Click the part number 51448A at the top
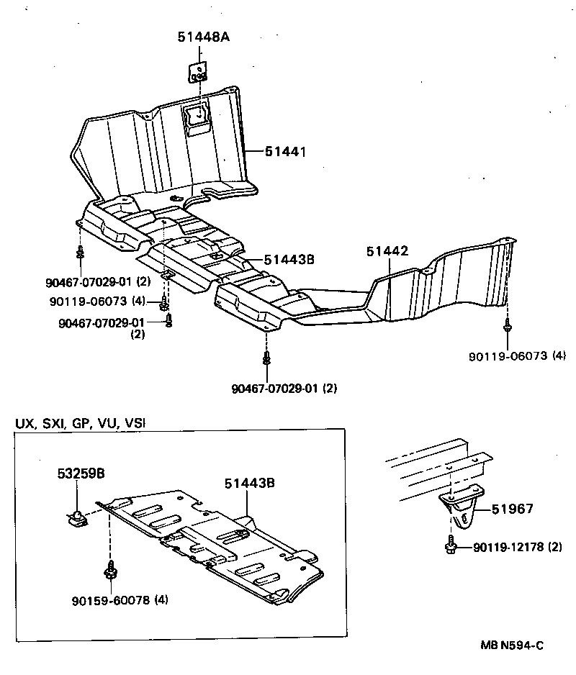[204, 37]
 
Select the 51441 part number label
[285, 152]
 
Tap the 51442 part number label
[387, 251]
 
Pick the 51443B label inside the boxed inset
[249, 484]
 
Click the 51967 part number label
[513, 509]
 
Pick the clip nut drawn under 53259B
[76, 517]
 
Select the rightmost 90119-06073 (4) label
[517, 355]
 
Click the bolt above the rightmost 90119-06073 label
[508, 328]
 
